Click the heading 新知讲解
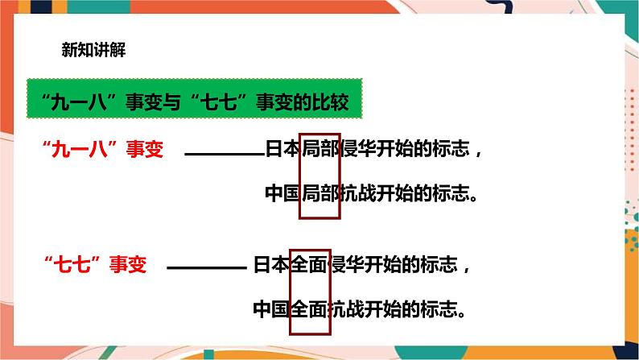pos(93,49)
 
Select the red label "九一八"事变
pos(102,150)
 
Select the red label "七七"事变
pos(96,264)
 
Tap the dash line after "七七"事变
pos(207,267)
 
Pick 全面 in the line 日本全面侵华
pos(309,264)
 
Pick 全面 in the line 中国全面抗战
pos(309,308)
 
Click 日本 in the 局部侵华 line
pos(282,150)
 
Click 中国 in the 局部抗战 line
pos(282,193)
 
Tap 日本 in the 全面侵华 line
pos(270,264)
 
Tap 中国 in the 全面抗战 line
pos(270,308)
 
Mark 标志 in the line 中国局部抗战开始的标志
pos(456,193)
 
